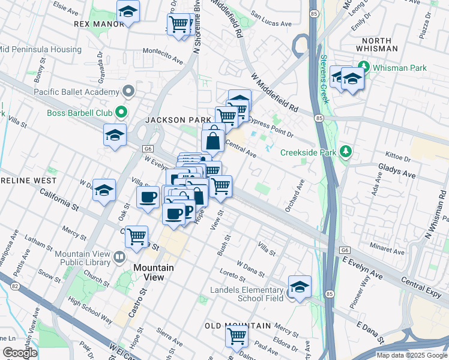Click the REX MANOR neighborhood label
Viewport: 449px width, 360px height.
point(99,24)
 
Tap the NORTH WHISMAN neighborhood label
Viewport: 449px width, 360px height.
point(372,43)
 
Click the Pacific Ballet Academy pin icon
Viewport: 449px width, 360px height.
point(127,92)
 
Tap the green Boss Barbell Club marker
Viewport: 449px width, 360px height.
point(121,112)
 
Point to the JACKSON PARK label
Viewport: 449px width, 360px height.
point(178,120)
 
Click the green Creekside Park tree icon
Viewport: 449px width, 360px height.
point(345,152)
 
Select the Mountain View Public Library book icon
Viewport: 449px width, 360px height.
point(119,258)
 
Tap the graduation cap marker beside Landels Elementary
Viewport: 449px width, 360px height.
point(300,286)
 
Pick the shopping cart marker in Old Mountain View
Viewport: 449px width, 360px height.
point(237,336)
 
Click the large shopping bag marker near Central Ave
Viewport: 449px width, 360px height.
point(213,142)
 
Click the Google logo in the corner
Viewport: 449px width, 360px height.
point(20,353)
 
